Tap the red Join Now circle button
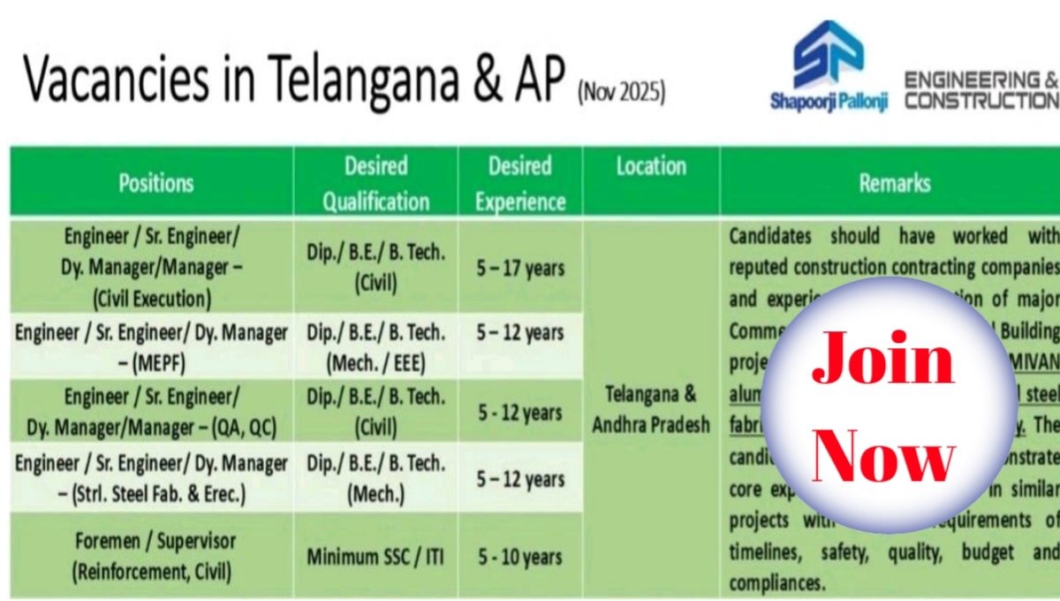pos(882,406)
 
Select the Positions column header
pos(155,183)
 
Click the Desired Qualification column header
pos(376,184)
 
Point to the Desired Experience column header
pos(520,184)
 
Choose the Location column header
pos(651,166)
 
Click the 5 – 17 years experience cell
pos(520,266)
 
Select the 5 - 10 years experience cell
pos(520,557)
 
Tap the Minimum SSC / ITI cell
pos(376,558)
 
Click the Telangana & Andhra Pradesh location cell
pos(651,408)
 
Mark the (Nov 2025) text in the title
pos(620,92)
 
